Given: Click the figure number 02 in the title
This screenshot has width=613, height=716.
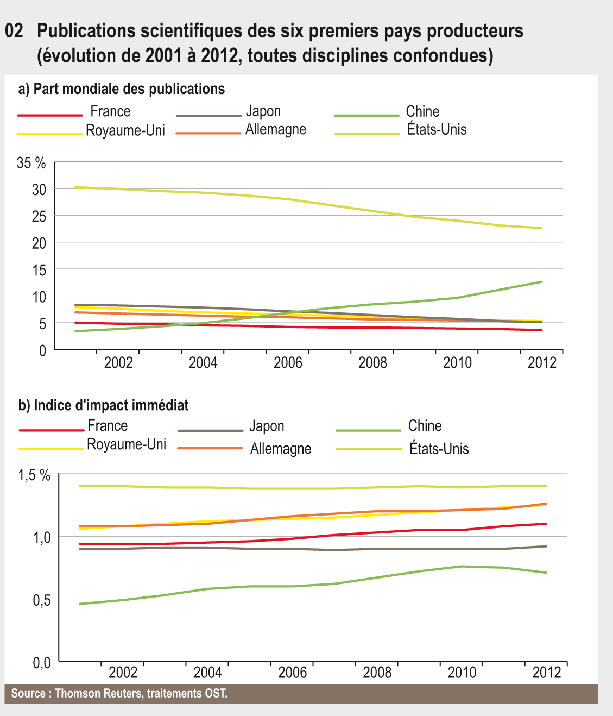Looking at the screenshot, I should click(x=14, y=31).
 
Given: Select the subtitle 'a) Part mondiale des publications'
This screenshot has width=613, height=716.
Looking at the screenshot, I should click(x=122, y=89).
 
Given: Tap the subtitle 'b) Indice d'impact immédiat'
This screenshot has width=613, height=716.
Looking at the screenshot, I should click(x=104, y=405).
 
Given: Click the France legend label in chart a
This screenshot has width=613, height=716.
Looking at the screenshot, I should click(x=110, y=111).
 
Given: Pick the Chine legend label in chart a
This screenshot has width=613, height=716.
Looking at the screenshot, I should click(x=422, y=111).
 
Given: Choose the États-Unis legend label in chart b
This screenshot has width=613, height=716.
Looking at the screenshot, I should click(x=439, y=449).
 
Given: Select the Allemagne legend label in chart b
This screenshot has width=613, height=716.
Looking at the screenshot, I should click(x=281, y=449).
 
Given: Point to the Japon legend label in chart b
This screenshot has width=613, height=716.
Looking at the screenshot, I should click(x=267, y=426).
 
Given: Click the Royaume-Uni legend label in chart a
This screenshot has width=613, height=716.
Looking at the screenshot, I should click(x=125, y=130).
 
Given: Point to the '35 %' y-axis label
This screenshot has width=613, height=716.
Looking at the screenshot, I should click(x=31, y=162).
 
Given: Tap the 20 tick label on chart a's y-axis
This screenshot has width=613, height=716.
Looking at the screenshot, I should click(x=39, y=243).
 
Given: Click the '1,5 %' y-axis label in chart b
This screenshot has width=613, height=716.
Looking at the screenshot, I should click(x=34, y=475).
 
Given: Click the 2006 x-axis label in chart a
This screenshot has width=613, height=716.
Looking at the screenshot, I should click(x=288, y=362).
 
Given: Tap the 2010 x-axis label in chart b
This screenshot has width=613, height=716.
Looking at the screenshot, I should click(x=462, y=673).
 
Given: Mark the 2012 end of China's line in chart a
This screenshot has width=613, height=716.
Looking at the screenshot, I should click(x=542, y=281).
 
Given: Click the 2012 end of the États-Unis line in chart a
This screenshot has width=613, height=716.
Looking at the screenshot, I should click(x=542, y=228).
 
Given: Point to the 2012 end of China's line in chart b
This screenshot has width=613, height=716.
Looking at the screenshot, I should click(x=546, y=573).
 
